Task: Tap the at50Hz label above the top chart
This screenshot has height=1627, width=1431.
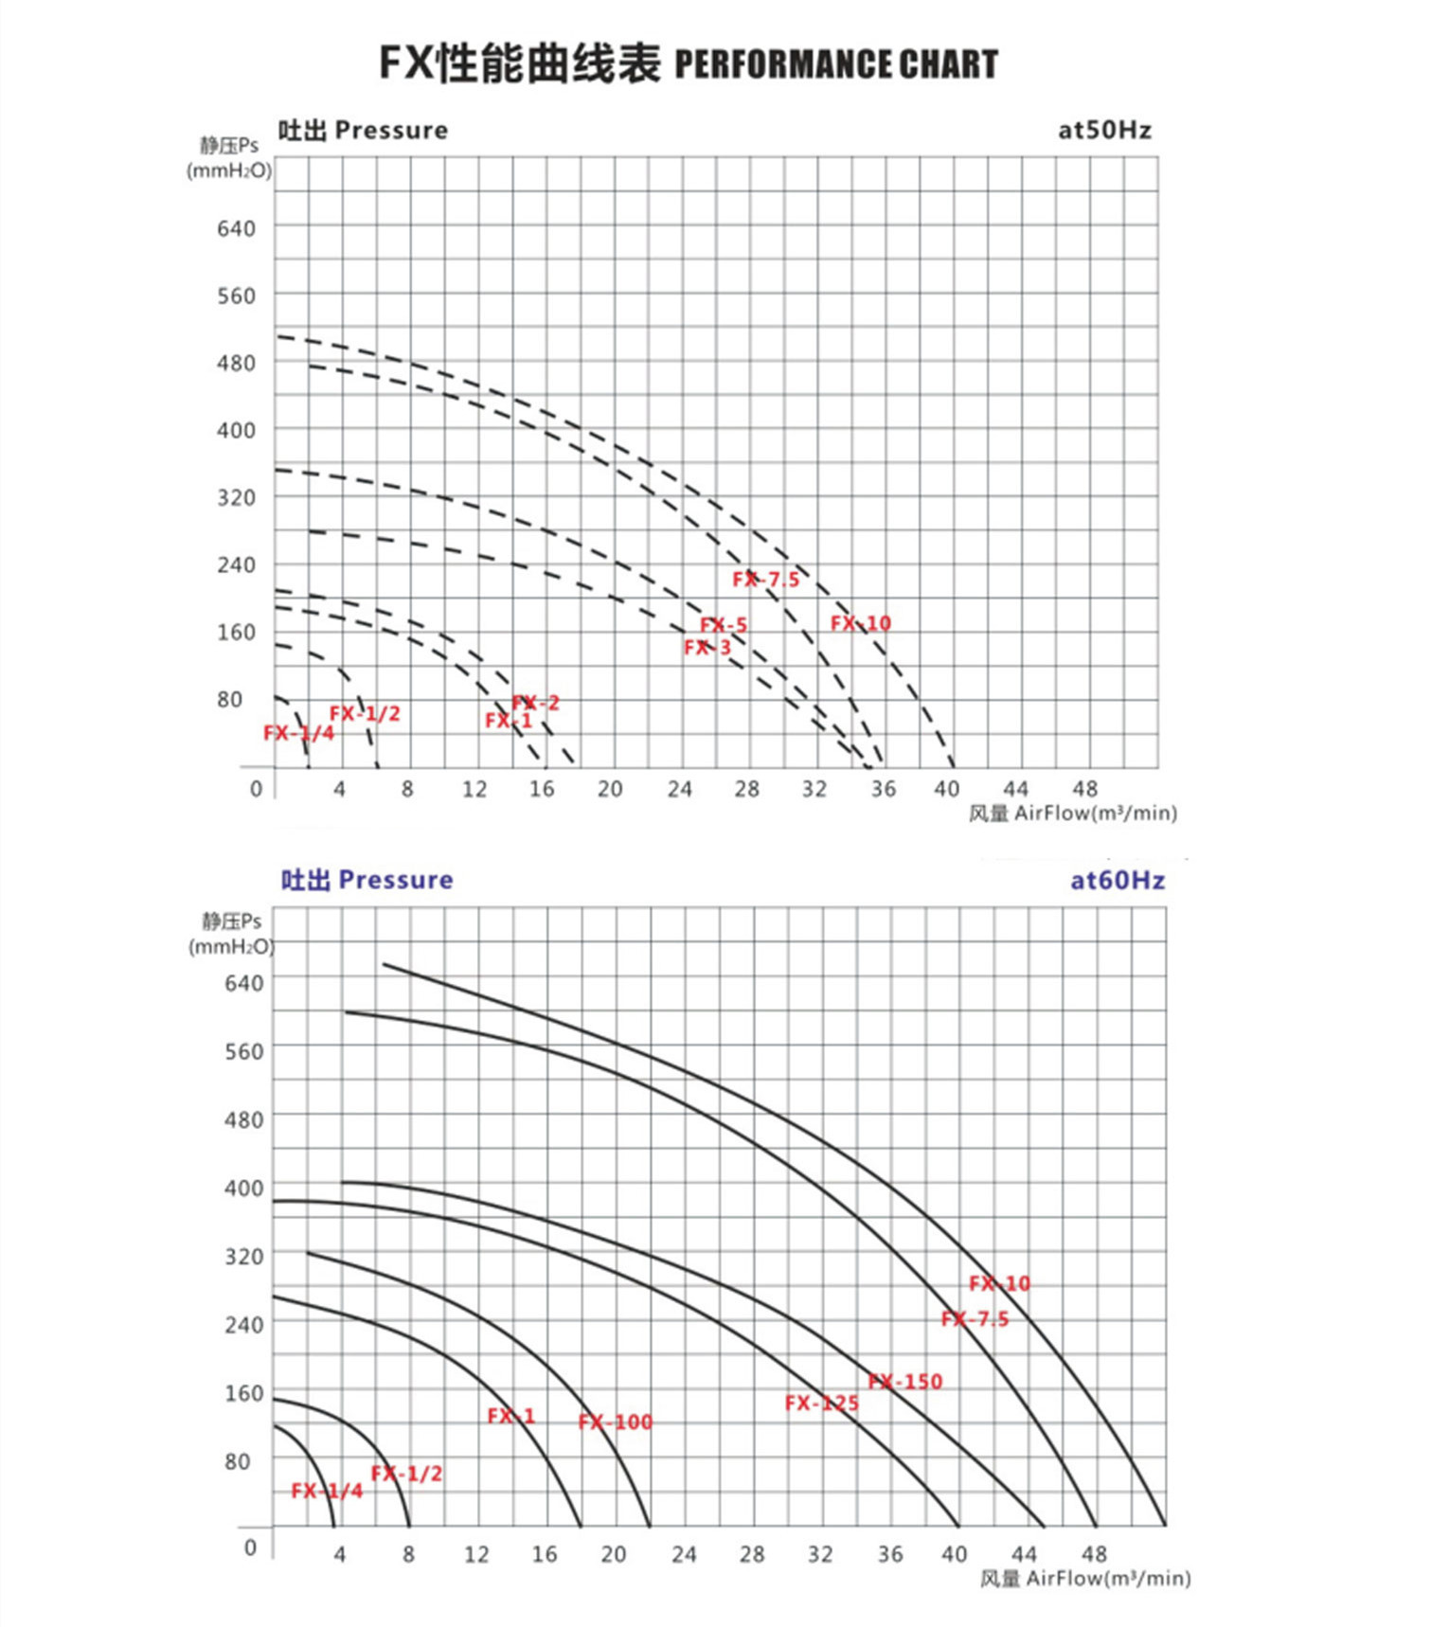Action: (x=1104, y=130)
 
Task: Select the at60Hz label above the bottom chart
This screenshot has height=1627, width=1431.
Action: (x=1117, y=880)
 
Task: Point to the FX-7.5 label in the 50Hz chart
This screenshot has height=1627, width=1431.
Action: (x=765, y=580)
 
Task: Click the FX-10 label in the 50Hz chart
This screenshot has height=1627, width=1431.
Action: (x=861, y=623)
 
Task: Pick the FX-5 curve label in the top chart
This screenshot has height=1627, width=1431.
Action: (x=724, y=625)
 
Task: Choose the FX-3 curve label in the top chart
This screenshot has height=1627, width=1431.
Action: (x=707, y=648)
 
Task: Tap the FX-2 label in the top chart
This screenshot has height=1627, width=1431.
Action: (x=535, y=703)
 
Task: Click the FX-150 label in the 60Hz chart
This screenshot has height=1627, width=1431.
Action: (x=905, y=1382)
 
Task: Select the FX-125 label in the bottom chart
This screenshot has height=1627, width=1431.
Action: (x=821, y=1404)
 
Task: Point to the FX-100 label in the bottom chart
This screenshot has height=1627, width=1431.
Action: (x=616, y=1421)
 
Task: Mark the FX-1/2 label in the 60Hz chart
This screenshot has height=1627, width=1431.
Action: (x=406, y=1474)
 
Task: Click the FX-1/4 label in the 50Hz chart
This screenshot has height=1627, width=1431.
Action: (x=298, y=733)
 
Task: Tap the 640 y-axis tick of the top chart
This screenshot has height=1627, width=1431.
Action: (x=236, y=228)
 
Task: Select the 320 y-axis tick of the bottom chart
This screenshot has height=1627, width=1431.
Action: (x=243, y=1256)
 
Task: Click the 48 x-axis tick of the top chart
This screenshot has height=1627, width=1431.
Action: (x=1084, y=789)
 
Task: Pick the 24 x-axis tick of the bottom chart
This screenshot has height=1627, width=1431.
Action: (x=684, y=1554)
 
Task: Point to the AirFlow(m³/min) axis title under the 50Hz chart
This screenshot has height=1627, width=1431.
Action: (x=1095, y=813)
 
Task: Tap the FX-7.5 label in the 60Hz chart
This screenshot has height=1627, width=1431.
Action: (x=975, y=1319)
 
